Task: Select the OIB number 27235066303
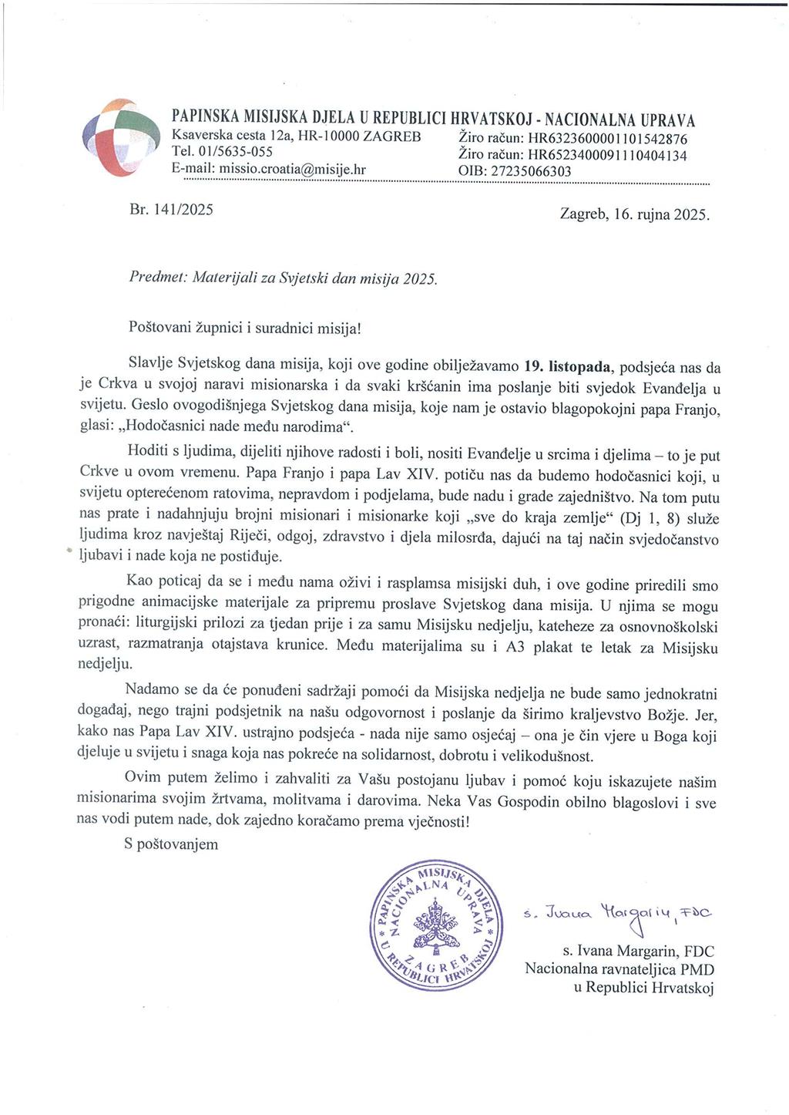532,171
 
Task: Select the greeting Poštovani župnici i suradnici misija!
245,326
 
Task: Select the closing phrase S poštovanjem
171,844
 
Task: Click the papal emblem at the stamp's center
436,926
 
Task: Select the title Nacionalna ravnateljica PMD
619,968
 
